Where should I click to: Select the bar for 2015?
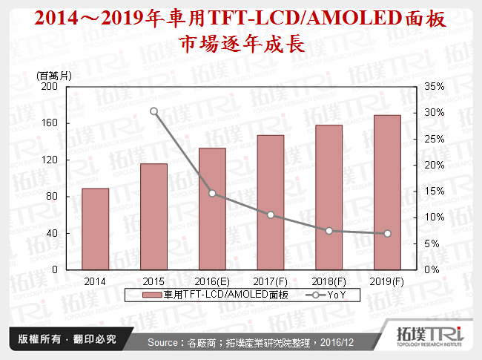click(x=153, y=216)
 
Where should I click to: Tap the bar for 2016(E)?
click(x=212, y=209)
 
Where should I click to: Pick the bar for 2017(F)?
click(x=271, y=202)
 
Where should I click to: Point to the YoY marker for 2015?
click(x=153, y=111)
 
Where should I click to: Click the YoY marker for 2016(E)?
click(x=212, y=193)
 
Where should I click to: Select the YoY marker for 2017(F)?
click(x=271, y=215)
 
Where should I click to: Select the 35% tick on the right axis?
click(x=435, y=86)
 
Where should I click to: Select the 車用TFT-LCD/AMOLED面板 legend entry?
click(x=200, y=295)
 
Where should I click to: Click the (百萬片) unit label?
click(x=54, y=75)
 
